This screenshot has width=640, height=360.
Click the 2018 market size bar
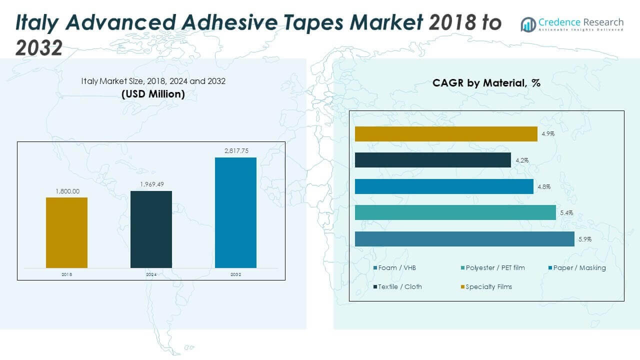coord(66,232)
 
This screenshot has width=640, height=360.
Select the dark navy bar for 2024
coord(151,229)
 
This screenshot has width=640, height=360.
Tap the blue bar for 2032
coord(235,212)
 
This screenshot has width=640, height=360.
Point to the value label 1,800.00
coord(66,191)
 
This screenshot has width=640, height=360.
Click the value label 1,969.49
coord(151,184)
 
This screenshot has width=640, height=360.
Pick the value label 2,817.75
coord(235,151)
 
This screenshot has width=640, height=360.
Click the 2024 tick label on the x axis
coord(151,274)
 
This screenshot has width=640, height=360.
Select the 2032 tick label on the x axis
coord(235,274)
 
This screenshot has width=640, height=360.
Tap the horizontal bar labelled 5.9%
coord(464,239)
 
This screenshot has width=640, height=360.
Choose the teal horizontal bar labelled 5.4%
coord(455,212)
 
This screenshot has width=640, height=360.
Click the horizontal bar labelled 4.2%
coord(432,160)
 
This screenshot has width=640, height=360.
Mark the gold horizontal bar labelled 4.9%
coord(446,134)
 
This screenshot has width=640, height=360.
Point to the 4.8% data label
coord(544,187)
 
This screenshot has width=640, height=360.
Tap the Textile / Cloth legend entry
coord(399,287)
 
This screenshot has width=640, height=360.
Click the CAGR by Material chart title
coord(486,83)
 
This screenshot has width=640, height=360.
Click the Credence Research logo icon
coord(528,24)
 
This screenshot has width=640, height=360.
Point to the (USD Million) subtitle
coord(153,94)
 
